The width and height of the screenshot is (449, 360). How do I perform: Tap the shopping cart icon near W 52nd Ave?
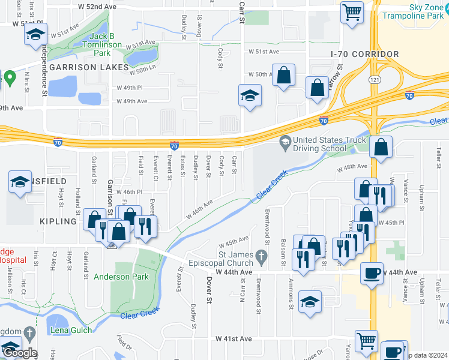click(352, 11)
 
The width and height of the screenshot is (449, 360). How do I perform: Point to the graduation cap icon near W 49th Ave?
click(250, 95)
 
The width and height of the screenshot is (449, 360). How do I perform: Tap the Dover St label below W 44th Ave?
click(210, 290)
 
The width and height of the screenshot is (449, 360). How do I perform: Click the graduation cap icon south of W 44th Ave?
click(309, 302)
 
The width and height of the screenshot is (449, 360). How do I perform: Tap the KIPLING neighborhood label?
click(58, 221)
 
